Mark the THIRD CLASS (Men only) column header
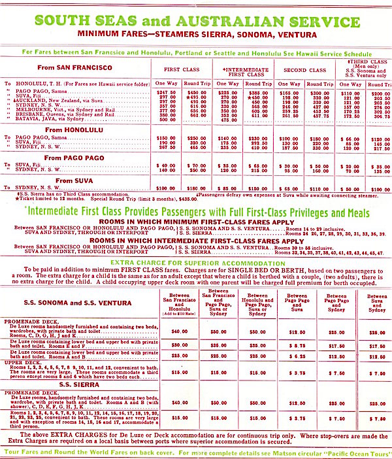tap(366, 68)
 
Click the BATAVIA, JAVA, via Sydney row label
tap(50, 120)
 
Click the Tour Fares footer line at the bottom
tap(196, 452)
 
